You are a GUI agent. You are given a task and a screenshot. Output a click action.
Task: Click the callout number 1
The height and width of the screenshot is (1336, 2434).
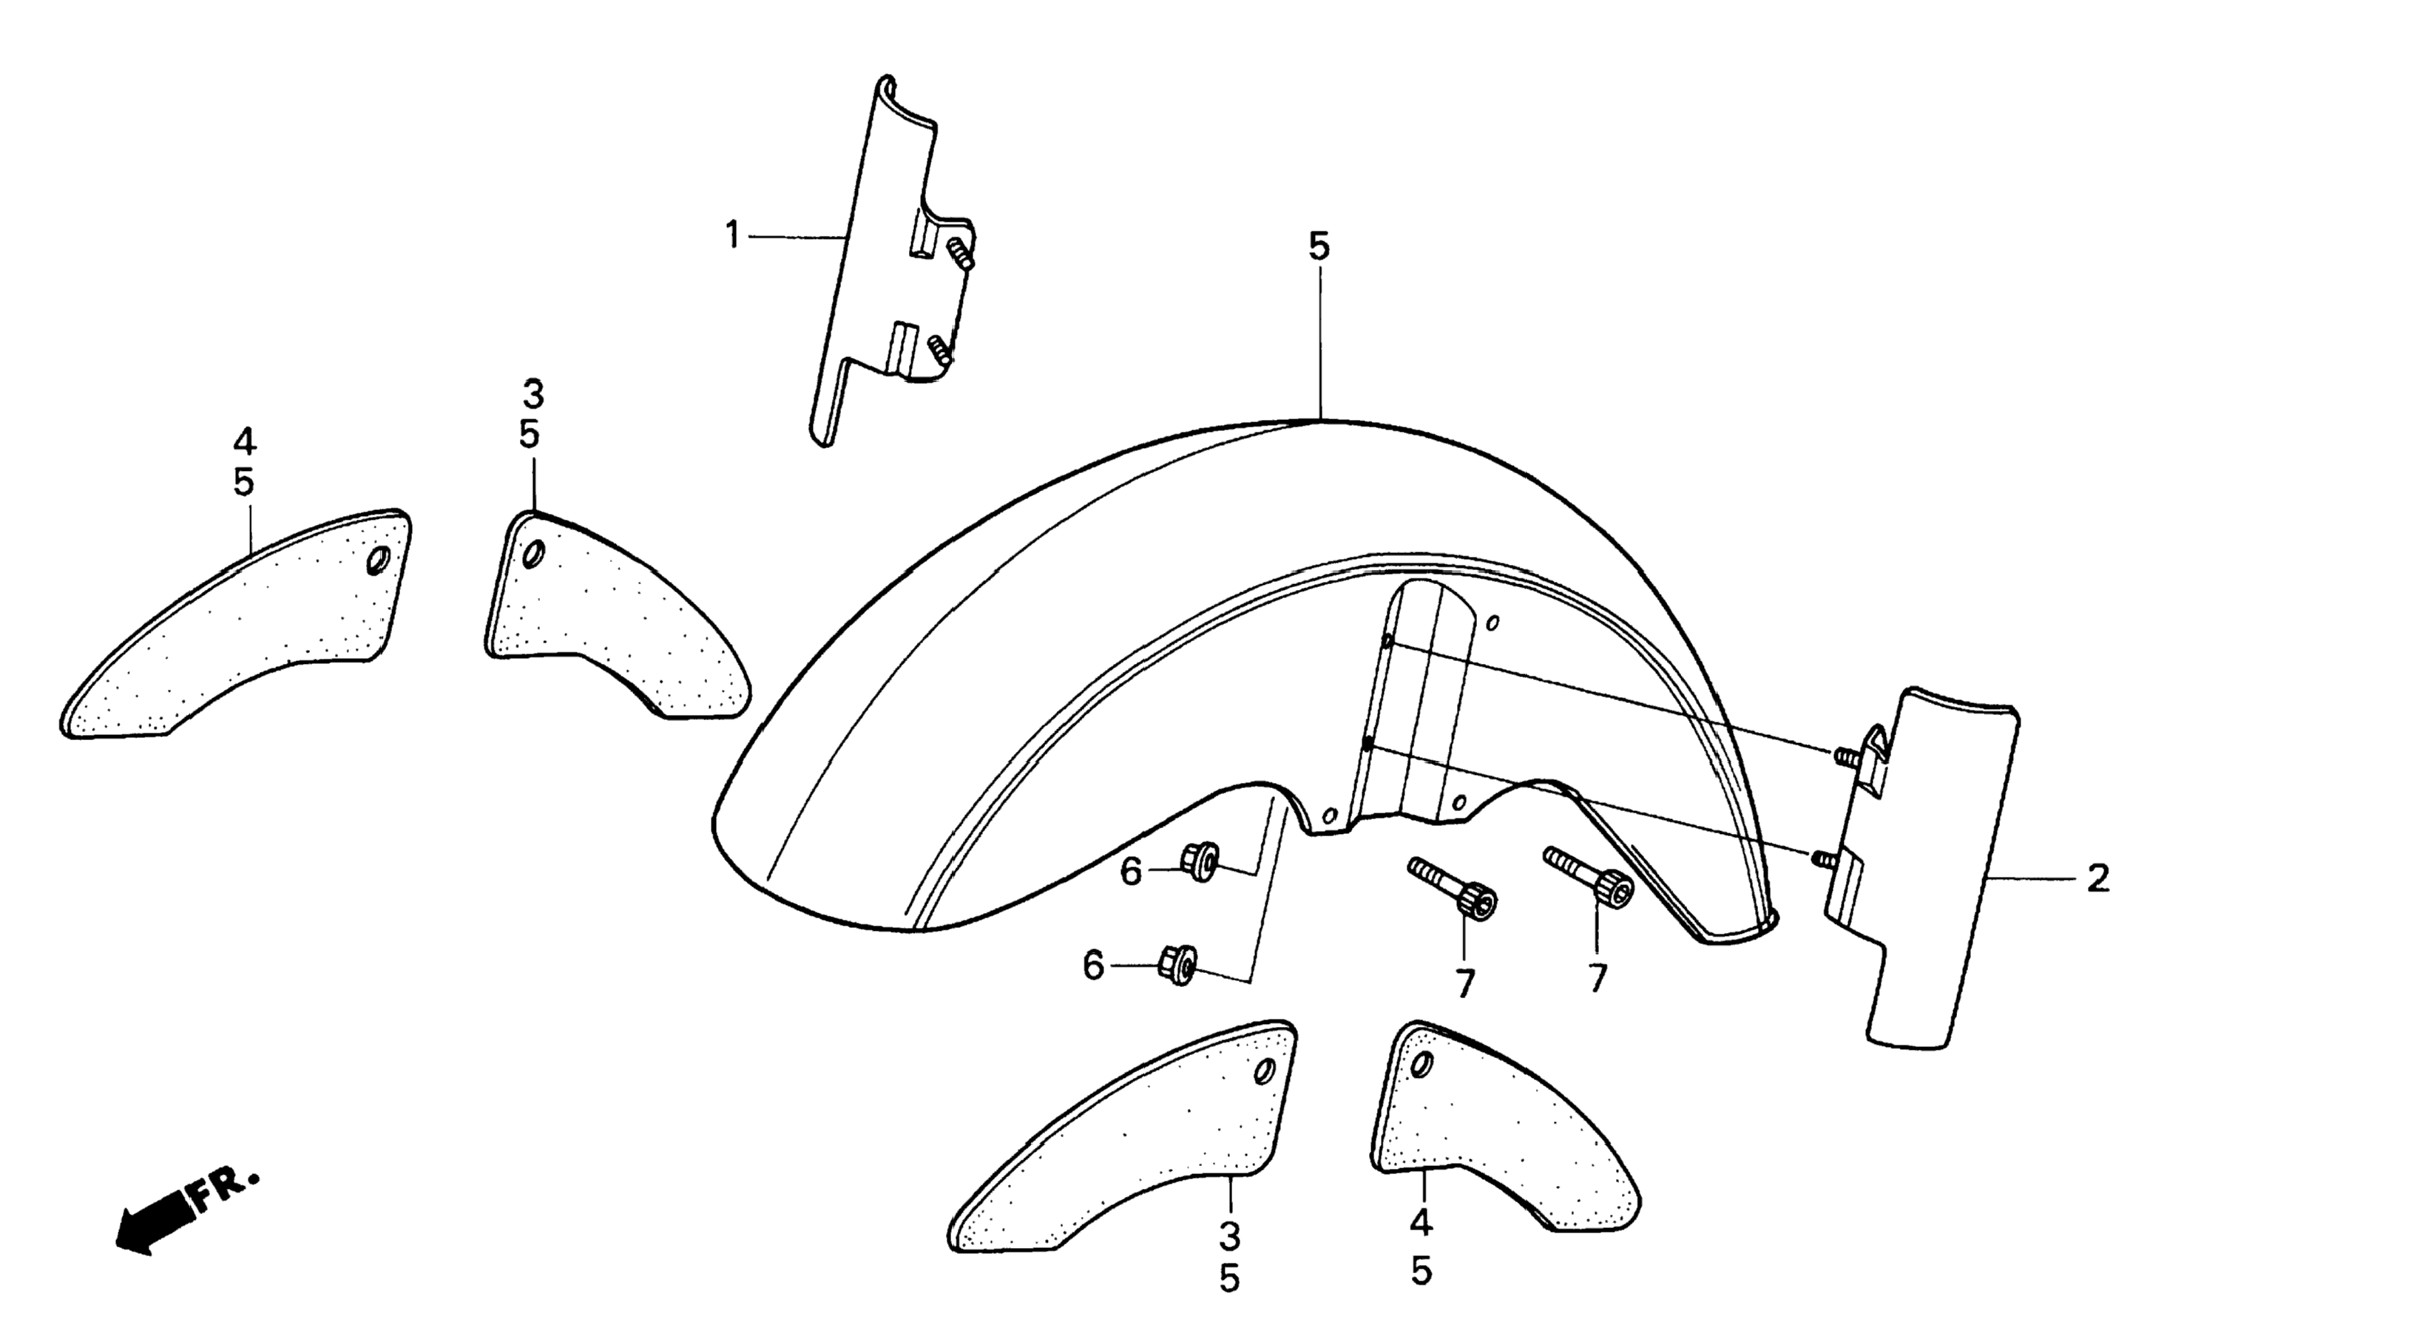(x=731, y=235)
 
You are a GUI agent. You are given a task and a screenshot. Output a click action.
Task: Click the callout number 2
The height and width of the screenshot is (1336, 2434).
(x=2097, y=878)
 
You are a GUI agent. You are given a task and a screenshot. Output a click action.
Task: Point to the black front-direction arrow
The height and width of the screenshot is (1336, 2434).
(x=151, y=1228)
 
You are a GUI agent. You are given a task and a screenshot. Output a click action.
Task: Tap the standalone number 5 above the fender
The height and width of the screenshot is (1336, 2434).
(x=1319, y=247)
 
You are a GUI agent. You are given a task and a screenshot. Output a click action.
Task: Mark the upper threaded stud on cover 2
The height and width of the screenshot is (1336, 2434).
(x=1845, y=756)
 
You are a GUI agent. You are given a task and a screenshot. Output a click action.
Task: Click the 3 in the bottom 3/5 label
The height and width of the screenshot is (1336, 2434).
(x=1228, y=1235)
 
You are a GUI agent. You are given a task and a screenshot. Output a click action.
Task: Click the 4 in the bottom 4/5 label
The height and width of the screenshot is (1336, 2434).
(x=1421, y=1224)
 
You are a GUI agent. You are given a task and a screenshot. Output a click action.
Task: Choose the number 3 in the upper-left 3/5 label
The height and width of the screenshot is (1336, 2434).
(x=533, y=393)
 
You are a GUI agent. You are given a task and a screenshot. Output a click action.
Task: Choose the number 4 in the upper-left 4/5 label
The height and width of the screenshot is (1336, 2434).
(x=244, y=441)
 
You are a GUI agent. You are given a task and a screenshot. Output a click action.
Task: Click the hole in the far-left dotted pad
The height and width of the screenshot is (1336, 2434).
(x=378, y=561)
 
